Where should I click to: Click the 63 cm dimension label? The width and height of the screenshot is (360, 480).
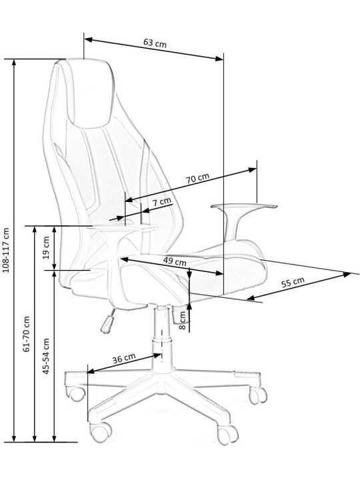pyautogui.click(x=155, y=43)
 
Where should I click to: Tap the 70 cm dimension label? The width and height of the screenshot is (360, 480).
pyautogui.click(x=198, y=178)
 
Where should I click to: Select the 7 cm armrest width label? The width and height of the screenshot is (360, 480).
pyautogui.click(x=162, y=202)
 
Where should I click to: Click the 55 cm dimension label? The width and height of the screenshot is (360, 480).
pyautogui.click(x=293, y=282)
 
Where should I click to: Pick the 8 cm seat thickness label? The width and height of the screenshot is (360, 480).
pyautogui.click(x=182, y=320)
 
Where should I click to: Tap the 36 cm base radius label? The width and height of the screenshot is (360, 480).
pyautogui.click(x=124, y=358)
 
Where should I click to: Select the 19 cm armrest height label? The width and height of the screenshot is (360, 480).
pyautogui.click(x=46, y=247)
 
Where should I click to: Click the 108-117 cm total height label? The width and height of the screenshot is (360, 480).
pyautogui.click(x=6, y=250)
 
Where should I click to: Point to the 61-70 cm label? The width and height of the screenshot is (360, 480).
pyautogui.click(x=27, y=334)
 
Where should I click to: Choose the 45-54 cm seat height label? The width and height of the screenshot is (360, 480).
pyautogui.click(x=46, y=356)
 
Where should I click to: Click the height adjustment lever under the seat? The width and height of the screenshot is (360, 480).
pyautogui.click(x=108, y=321)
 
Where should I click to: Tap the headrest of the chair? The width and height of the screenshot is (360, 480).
pyautogui.click(x=88, y=92)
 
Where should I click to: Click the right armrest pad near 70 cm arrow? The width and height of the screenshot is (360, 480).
pyautogui.click(x=244, y=206)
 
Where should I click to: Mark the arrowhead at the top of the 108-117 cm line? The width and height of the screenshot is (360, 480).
pyautogui.click(x=14, y=62)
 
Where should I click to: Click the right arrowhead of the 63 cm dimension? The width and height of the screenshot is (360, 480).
pyautogui.click(x=219, y=58)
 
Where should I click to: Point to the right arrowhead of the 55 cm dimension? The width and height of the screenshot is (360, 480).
pyautogui.click(x=347, y=274)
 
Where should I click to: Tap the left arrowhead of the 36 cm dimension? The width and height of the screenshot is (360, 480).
pyautogui.click(x=91, y=371)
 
